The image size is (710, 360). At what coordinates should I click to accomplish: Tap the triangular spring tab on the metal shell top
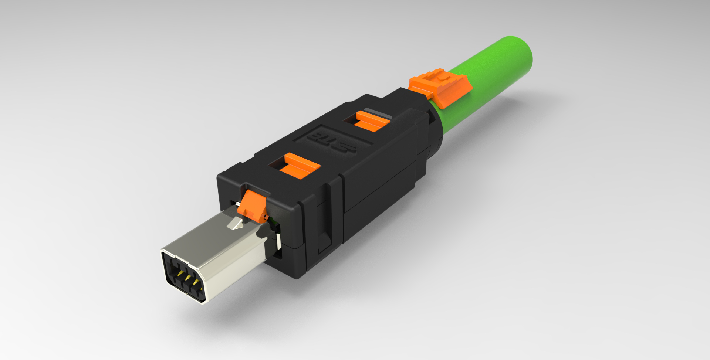tap(235, 224)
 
